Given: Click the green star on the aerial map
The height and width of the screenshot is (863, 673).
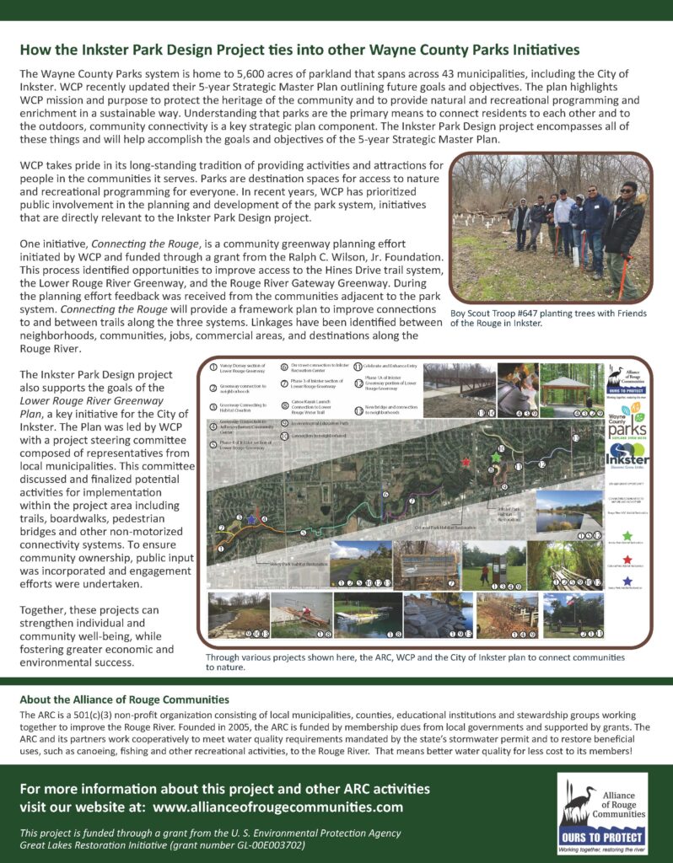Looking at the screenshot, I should point(496,456).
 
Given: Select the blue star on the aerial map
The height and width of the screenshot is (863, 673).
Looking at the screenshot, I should point(250,520).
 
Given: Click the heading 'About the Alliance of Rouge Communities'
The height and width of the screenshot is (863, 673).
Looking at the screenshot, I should point(125,700).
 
